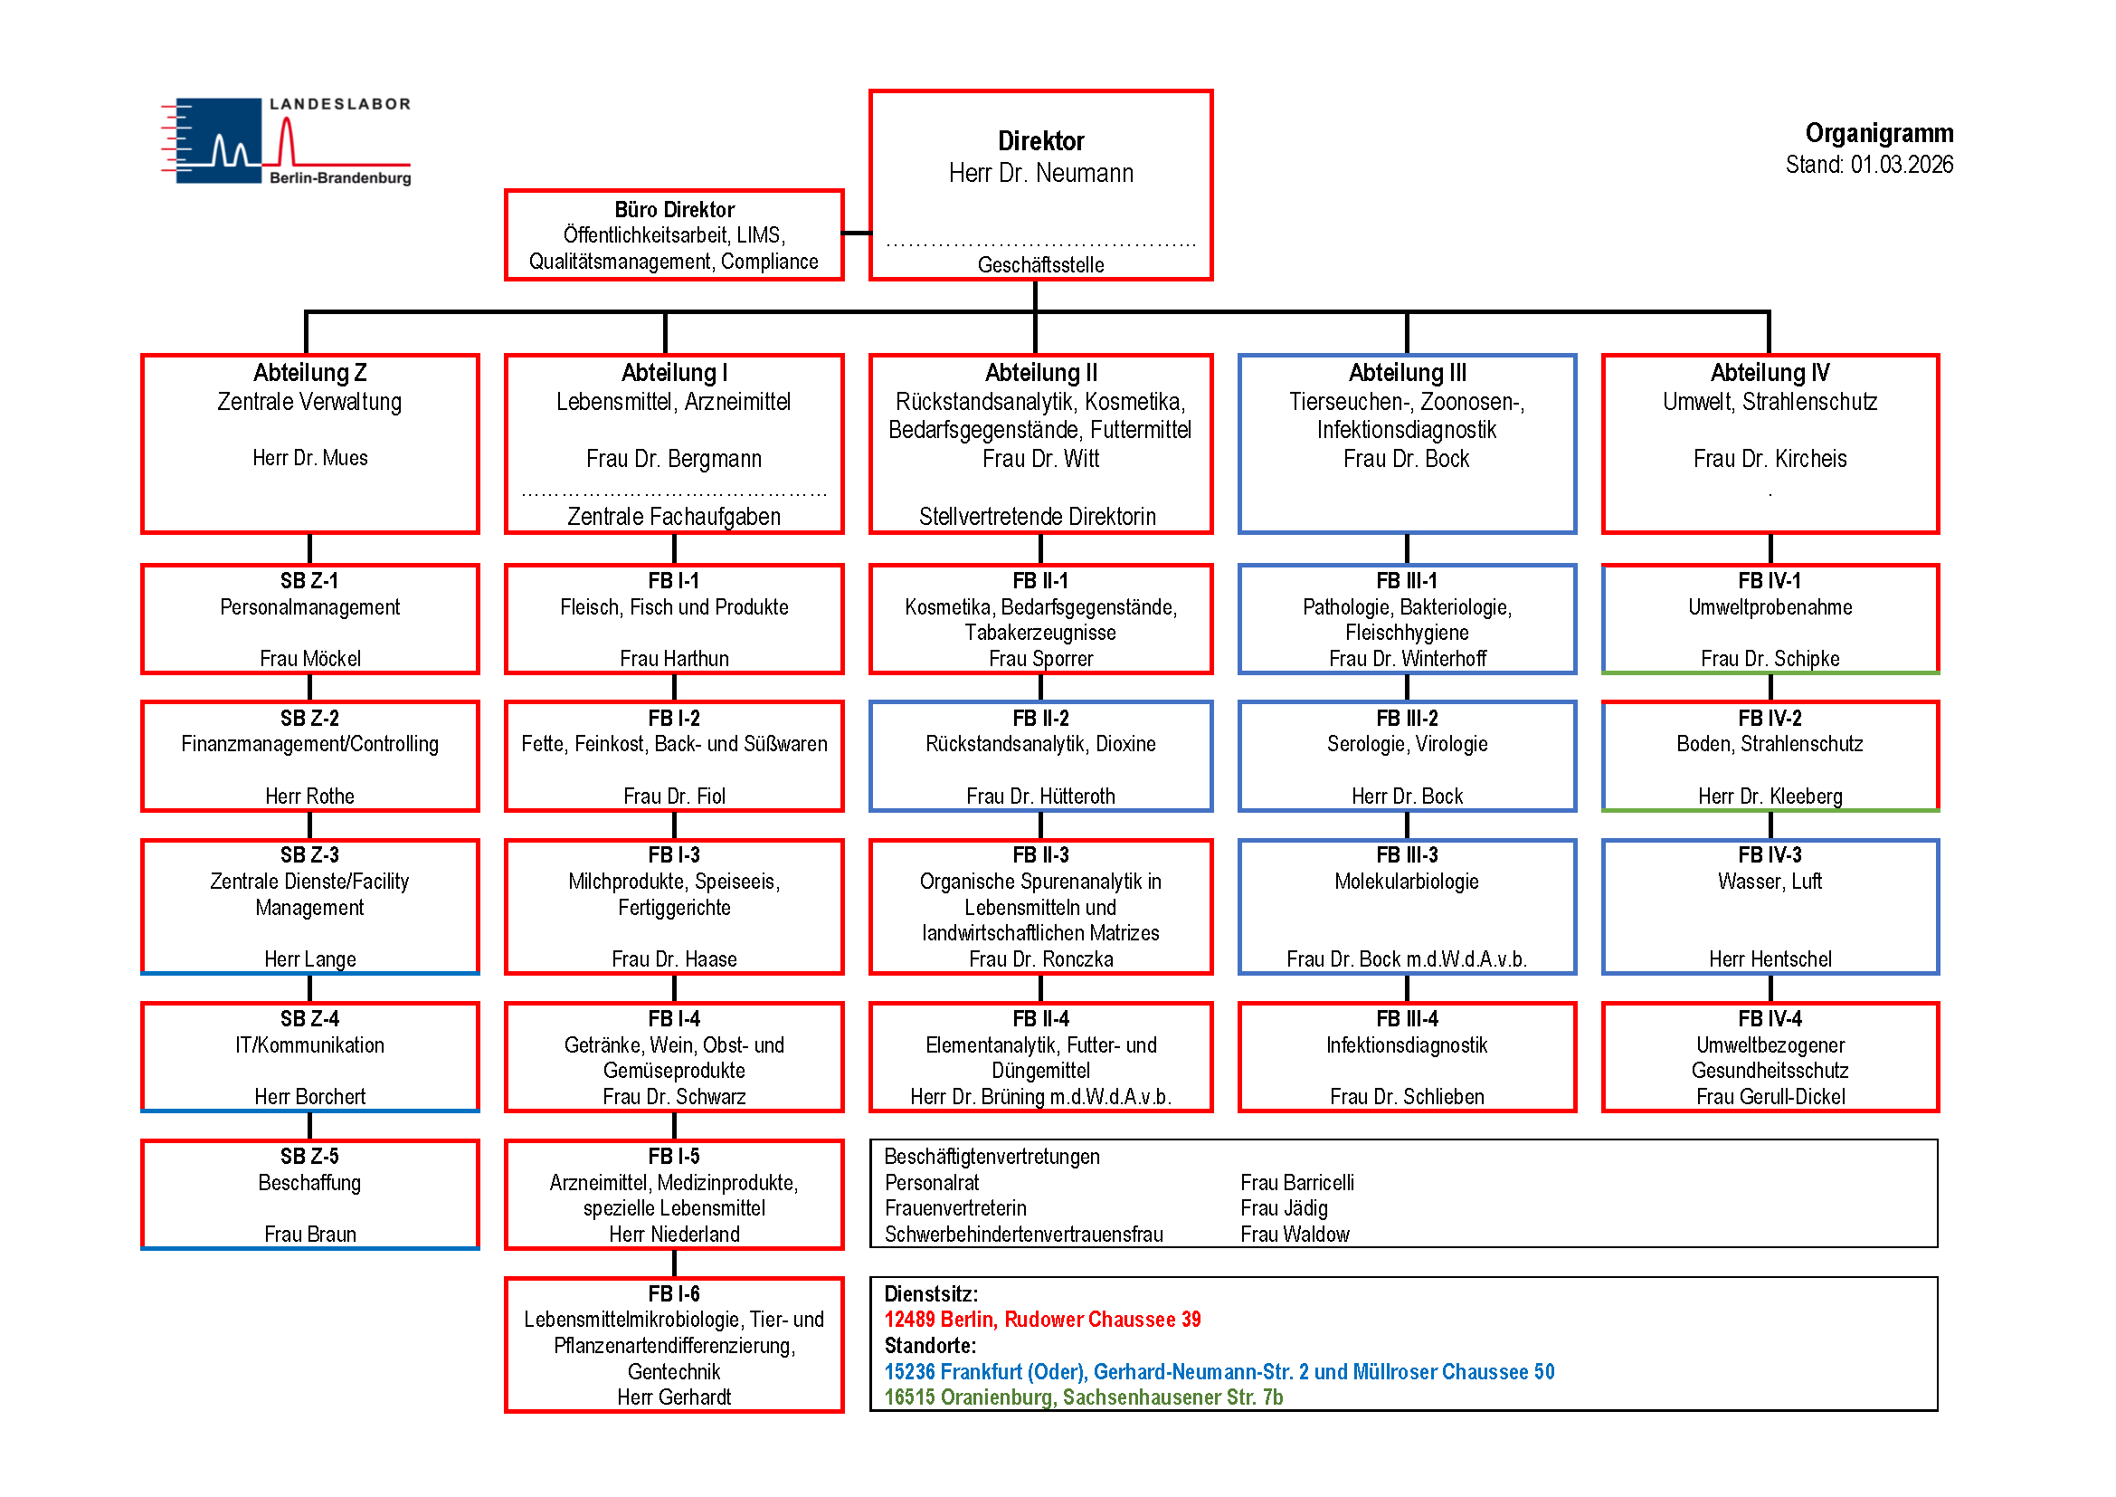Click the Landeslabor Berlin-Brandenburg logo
pos(286,141)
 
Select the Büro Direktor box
pos(674,234)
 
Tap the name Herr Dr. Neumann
pos(1040,173)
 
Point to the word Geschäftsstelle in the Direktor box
pos(1040,265)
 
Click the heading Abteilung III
pos(1407,373)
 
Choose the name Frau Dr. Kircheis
pos(1770,459)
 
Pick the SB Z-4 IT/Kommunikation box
pos(309,1056)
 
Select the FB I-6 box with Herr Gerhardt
pos(674,1344)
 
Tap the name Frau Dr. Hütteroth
pos(1040,796)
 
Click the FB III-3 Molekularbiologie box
pos(1407,906)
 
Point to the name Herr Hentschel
pos(1770,959)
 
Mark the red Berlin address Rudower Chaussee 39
pos(1042,1319)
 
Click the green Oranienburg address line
pos(1083,1397)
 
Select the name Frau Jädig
pos(1284,1208)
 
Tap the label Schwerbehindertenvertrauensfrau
pos(1023,1235)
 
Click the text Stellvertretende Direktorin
pos(1037,517)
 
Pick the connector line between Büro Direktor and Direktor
pos(856,234)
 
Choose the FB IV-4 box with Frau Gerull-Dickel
pos(1770,1056)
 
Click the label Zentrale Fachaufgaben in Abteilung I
pos(674,517)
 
